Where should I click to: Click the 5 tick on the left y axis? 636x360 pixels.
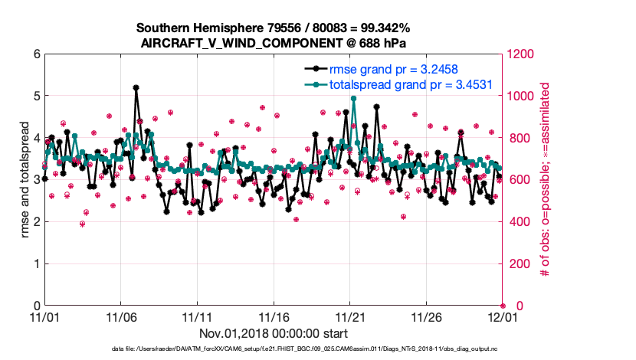coord(35,97)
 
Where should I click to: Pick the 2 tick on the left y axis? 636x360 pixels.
coord(35,222)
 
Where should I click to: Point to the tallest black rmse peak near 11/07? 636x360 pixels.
coord(136,88)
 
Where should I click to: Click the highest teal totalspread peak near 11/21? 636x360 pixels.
coord(353,99)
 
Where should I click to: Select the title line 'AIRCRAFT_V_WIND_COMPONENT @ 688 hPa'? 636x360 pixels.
coord(274,43)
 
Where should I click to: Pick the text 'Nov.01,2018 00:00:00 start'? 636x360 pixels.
coord(274,333)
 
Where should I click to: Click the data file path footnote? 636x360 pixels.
coord(317,349)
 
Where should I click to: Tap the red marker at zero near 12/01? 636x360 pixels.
coord(503,306)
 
